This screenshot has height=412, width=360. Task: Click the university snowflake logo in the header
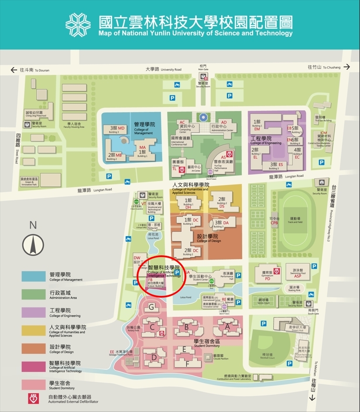[78, 25]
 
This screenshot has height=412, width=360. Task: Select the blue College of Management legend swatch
[34, 277]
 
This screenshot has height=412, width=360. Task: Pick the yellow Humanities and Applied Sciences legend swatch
[34, 330]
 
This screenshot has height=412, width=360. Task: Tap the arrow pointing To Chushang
[346, 67]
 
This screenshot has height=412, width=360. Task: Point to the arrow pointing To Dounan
[13, 69]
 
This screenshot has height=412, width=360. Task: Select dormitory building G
[151, 307]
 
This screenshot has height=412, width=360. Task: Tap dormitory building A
[227, 326]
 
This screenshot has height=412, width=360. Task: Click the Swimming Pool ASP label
[297, 273]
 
